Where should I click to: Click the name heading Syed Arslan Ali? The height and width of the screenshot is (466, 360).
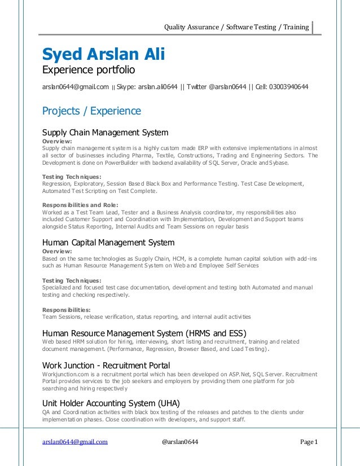pyautogui.click(x=103, y=55)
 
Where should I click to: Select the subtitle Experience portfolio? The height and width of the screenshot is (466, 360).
pyautogui.click(x=89, y=71)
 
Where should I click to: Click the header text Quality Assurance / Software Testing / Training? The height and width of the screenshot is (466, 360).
pyautogui.click(x=236, y=27)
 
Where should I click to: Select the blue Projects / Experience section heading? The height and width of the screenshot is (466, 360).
pyautogui.click(x=92, y=111)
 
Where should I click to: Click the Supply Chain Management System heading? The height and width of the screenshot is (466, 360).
pyautogui.click(x=106, y=133)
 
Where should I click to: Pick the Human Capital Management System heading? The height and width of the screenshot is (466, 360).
pyautogui.click(x=108, y=243)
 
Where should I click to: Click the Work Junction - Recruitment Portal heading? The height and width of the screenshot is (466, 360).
pyautogui.click(x=106, y=366)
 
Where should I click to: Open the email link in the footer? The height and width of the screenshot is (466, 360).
pyautogui.click(x=75, y=442)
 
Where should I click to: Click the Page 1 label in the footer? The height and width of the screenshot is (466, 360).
pyautogui.click(x=308, y=442)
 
